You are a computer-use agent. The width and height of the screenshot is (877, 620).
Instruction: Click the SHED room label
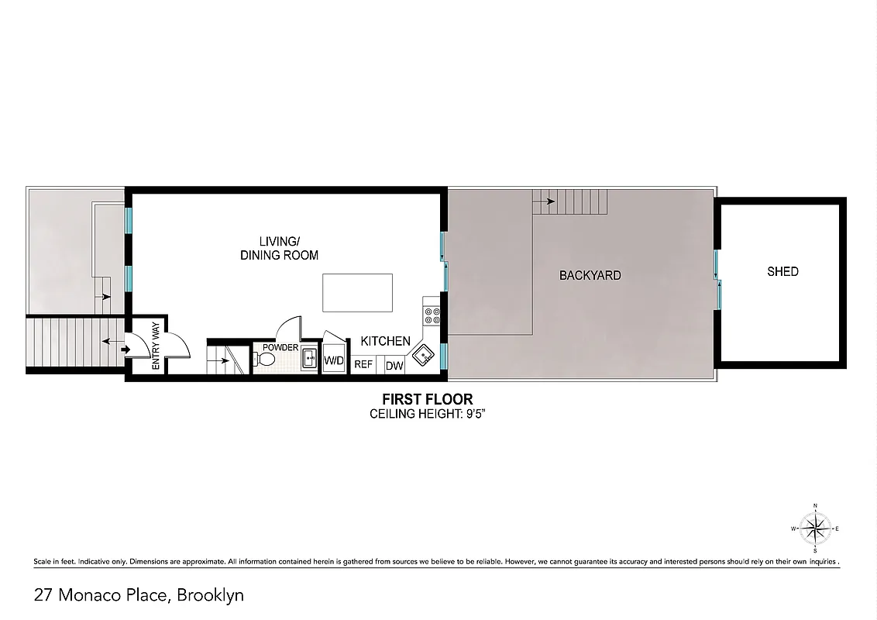point(782,271)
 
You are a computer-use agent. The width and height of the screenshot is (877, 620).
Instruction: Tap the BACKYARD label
point(590,275)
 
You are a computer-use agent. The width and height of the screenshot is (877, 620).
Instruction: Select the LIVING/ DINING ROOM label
point(278,247)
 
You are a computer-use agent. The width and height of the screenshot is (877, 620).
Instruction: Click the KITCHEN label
point(385,341)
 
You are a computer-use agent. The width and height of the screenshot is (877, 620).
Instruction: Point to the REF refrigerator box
point(363,364)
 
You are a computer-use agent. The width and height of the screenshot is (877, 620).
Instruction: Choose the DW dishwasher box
point(394,365)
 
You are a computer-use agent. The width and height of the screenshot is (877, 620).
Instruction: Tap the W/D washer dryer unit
point(334,360)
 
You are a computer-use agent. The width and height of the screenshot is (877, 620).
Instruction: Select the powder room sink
point(308,358)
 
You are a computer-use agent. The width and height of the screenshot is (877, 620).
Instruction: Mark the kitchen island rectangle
point(357,292)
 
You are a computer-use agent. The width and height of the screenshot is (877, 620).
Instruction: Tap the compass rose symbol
point(815,529)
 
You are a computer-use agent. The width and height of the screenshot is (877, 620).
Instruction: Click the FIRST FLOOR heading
point(428,399)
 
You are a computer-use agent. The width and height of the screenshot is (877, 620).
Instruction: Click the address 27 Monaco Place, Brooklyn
point(139,595)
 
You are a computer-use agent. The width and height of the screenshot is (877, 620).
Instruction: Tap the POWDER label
point(280,347)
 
